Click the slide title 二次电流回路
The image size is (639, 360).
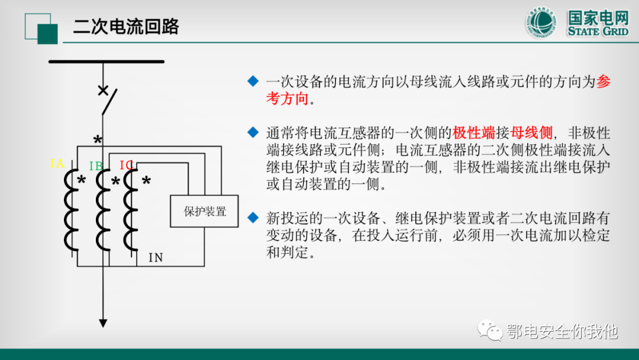pyautogui.click(x=126, y=27)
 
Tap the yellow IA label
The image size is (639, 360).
pyautogui.click(x=57, y=163)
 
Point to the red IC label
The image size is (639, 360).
pyautogui.click(x=126, y=165)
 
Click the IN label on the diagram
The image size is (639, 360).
pyautogui.click(x=155, y=258)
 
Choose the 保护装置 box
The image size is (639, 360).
pyautogui.click(x=205, y=211)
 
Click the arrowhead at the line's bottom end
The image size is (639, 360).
pyautogui.click(x=103, y=323)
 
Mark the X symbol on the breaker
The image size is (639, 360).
pyautogui.click(x=103, y=91)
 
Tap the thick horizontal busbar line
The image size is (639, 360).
pyautogui.click(x=106, y=61)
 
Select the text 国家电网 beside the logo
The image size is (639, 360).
pyautogui.click(x=598, y=18)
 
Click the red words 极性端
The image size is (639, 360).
pyautogui.click(x=474, y=132)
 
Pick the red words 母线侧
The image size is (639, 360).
pyautogui.click(x=531, y=132)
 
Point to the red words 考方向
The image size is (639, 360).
pyautogui.click(x=287, y=99)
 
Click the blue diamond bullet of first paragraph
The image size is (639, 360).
pyautogui.click(x=253, y=81)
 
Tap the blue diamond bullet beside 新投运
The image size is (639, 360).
pyautogui.click(x=253, y=217)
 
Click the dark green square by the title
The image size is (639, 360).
pyautogui.click(x=47, y=33)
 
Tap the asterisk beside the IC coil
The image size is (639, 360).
pyautogui.click(x=146, y=181)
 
